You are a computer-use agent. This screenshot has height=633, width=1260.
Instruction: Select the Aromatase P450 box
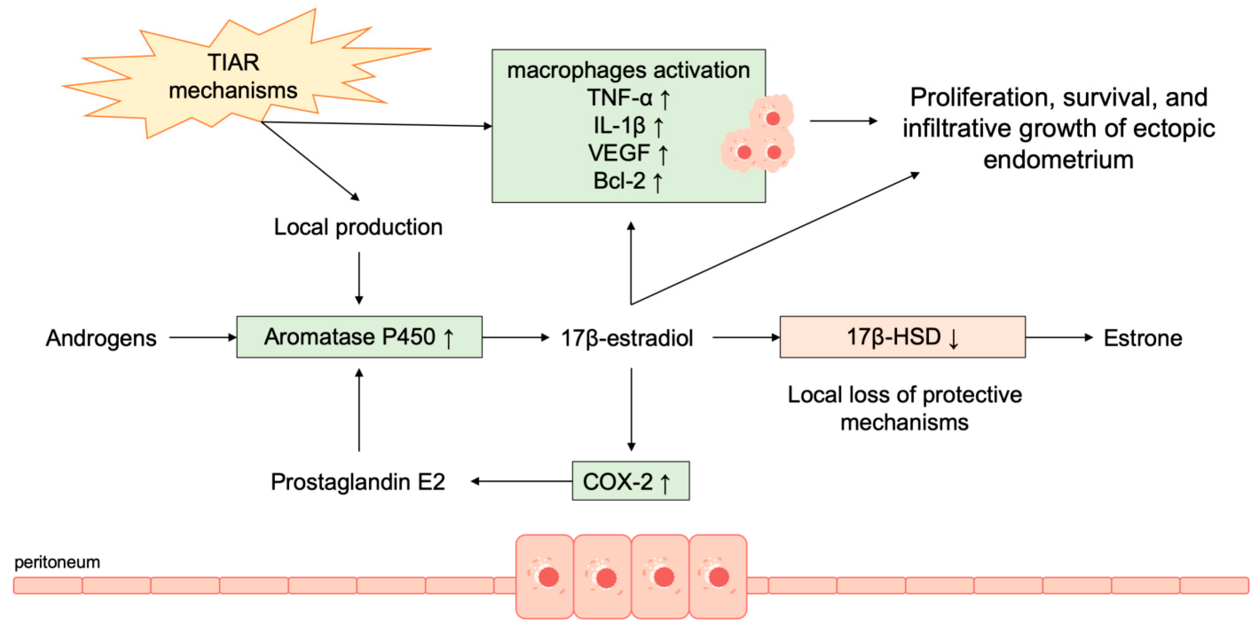click(359, 337)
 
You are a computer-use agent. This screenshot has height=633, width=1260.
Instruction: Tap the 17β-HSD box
click(902, 337)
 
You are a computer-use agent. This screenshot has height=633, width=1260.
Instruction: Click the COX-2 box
click(630, 481)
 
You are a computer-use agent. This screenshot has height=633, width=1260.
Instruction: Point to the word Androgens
click(101, 338)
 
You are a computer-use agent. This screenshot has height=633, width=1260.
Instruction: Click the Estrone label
click(1143, 338)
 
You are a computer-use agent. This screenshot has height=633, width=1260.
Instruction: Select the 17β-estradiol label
click(627, 338)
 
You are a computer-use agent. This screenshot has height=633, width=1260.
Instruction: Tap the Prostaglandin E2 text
click(358, 482)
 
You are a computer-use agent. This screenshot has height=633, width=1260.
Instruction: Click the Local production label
click(358, 227)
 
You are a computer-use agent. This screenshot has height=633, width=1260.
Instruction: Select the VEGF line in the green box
click(628, 153)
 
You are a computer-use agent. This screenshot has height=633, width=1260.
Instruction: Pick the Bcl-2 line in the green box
click(628, 181)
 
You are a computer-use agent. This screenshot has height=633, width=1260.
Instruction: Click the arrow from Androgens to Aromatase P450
click(202, 337)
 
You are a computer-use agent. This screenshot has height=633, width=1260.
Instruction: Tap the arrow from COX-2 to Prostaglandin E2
click(522, 481)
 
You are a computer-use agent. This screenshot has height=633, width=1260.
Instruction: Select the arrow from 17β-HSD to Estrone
click(1058, 337)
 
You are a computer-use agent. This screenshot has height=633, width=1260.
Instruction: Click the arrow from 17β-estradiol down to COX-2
click(631, 409)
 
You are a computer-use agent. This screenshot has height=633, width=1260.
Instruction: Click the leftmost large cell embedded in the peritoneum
click(545, 576)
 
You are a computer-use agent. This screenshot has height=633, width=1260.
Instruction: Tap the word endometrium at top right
click(1058, 160)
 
